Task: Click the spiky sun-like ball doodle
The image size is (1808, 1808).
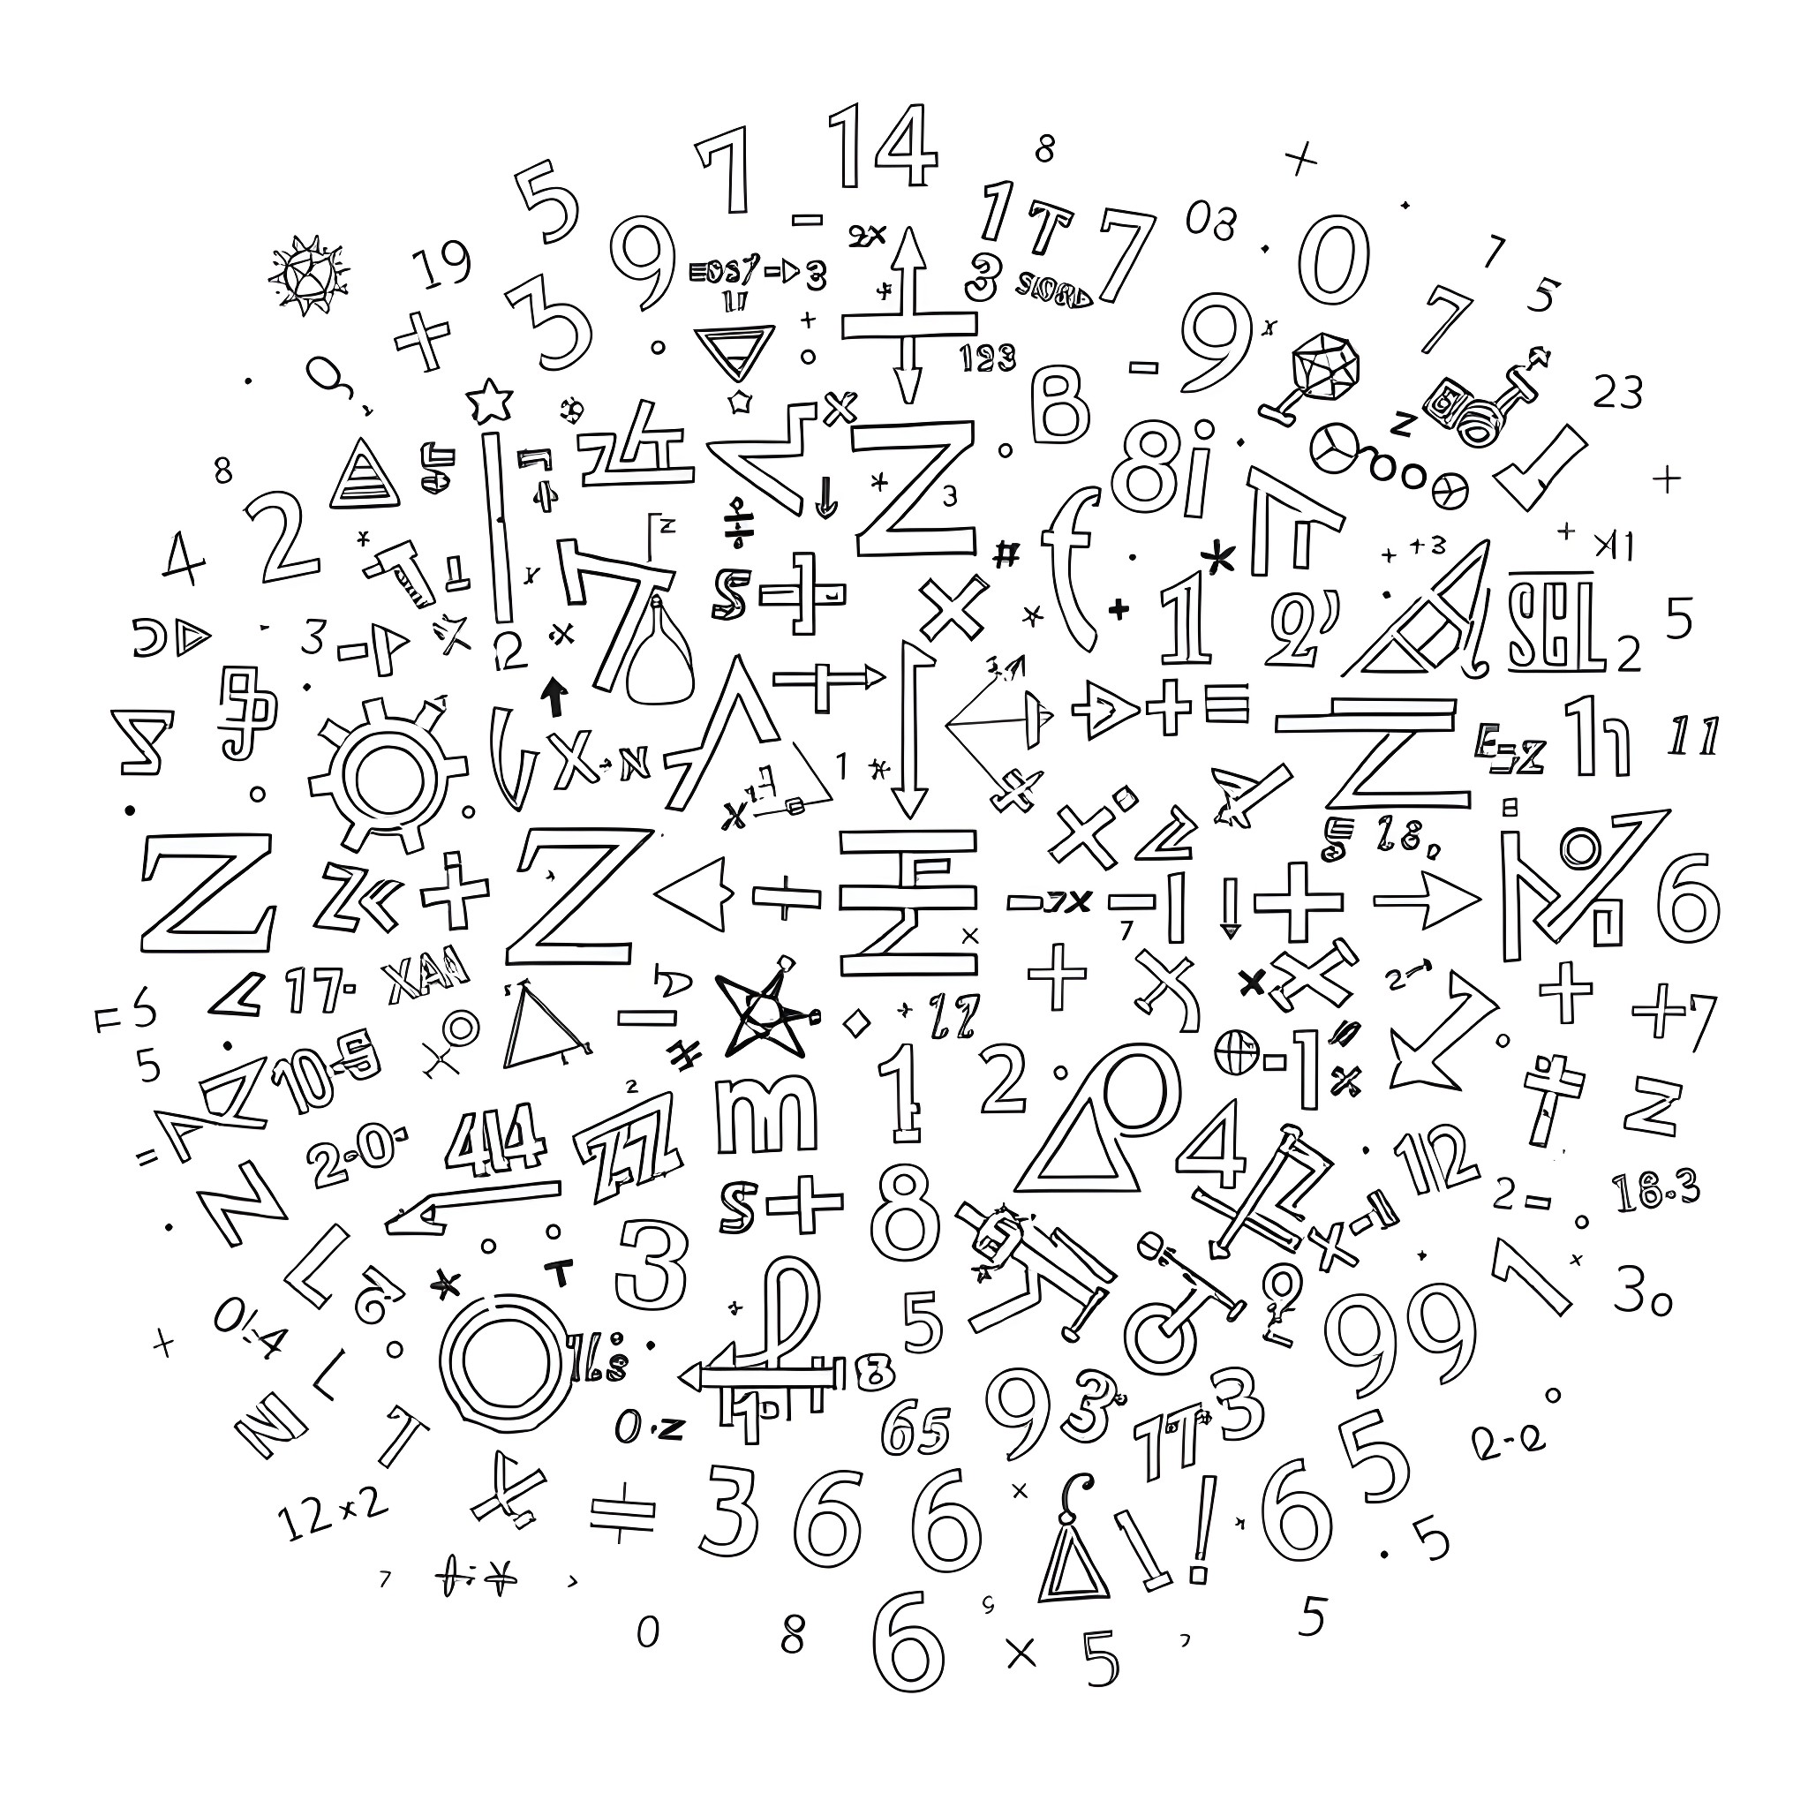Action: [x=308, y=270]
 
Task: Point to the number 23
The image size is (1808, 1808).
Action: [x=1617, y=393]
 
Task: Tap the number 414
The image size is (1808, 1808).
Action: [x=494, y=1137]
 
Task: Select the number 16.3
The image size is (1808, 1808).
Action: [x=1655, y=1190]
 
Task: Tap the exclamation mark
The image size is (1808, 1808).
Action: [x=1204, y=1534]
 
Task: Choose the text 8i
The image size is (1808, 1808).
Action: [x=1165, y=468]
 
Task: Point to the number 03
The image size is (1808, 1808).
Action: [x=1211, y=222]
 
